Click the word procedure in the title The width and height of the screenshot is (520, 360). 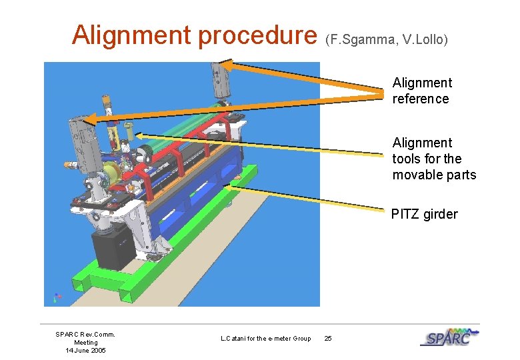tap(251, 35)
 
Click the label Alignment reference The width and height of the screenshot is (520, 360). tap(421, 91)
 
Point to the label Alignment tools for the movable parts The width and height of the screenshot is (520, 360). tap(433, 159)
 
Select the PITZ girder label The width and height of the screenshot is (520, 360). tap(424, 214)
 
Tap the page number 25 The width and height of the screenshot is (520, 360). tap(327, 339)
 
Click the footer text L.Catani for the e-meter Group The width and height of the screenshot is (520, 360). tap(265, 339)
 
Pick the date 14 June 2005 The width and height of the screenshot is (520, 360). tap(85, 351)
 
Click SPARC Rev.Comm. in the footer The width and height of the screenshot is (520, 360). tap(85, 335)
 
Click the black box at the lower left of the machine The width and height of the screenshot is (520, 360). tap(113, 254)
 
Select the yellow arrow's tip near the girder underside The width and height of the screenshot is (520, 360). tap(227, 188)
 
